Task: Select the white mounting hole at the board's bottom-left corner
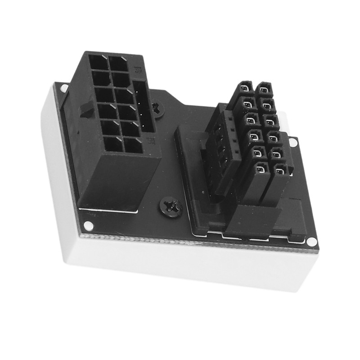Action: tap(89, 225)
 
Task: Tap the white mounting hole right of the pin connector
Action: tap(293, 142)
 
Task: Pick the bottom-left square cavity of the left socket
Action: tap(113, 144)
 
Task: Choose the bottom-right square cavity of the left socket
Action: tap(134, 145)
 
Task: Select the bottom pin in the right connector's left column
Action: tap(261, 170)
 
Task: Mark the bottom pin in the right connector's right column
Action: tap(280, 171)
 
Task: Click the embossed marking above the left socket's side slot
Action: tap(138, 71)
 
